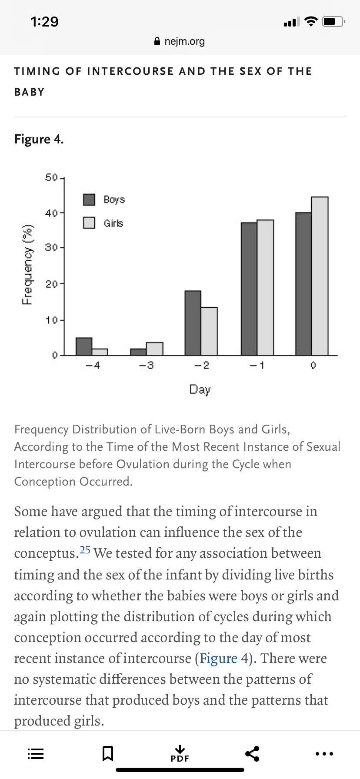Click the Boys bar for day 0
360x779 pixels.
click(x=303, y=284)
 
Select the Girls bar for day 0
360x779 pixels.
click(x=320, y=276)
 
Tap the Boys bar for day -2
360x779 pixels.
click(x=193, y=323)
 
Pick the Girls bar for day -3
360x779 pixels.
click(x=155, y=349)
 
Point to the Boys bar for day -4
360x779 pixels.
click(x=84, y=346)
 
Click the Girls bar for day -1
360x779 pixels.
click(x=266, y=287)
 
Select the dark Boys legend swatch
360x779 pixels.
click(x=89, y=200)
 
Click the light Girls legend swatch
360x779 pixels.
click(x=89, y=223)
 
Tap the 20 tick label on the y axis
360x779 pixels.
click(x=51, y=284)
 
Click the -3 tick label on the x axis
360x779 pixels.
click(x=147, y=366)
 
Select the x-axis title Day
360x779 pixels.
click(x=200, y=389)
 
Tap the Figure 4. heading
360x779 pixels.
click(x=39, y=139)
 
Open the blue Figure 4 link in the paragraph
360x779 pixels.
click(x=223, y=658)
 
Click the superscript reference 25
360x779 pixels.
click(x=85, y=550)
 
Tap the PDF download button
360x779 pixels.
click(x=180, y=753)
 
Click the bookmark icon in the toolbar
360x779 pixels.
click(x=108, y=753)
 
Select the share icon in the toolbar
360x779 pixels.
click(x=252, y=753)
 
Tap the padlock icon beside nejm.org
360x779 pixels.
click(x=157, y=41)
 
